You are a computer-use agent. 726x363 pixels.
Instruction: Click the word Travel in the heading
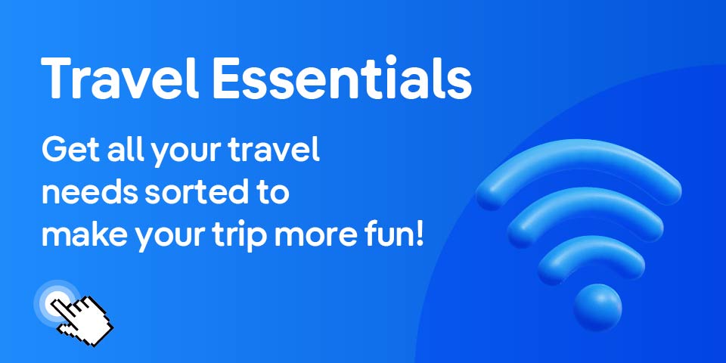coord(119,79)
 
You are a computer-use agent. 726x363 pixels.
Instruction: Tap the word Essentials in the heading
coord(342,79)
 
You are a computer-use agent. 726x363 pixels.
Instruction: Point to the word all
coord(123,149)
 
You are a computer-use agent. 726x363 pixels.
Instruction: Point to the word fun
coord(388,235)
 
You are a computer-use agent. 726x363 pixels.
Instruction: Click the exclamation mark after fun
coord(420,235)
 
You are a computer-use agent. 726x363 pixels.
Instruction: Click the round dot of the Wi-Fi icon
coord(597,308)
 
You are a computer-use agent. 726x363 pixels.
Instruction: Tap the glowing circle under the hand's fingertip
coord(56,302)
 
